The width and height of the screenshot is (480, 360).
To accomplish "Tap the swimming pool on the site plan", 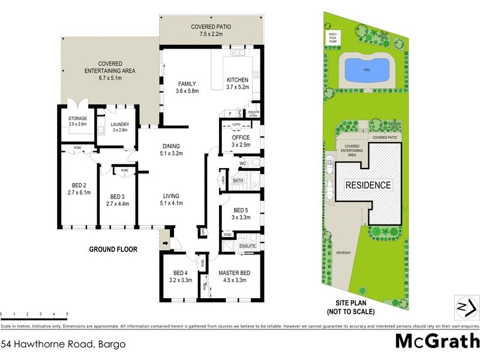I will point(366,69).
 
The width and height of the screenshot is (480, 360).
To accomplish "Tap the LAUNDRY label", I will point(121,124).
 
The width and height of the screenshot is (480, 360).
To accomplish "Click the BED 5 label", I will point(240,210).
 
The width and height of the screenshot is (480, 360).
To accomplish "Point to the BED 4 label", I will point(180,274).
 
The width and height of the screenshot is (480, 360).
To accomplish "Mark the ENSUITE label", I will point(247,245).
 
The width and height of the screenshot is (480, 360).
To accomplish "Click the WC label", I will point(243,163).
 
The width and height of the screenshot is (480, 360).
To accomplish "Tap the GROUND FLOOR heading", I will point(113,248).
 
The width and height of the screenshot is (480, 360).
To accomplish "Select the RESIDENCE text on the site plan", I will point(368,185).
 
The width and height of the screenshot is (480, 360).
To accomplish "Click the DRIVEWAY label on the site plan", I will point(344,252).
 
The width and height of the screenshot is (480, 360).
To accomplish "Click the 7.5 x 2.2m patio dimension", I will point(211,35).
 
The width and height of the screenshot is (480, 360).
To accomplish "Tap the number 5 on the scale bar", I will point(67,314).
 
